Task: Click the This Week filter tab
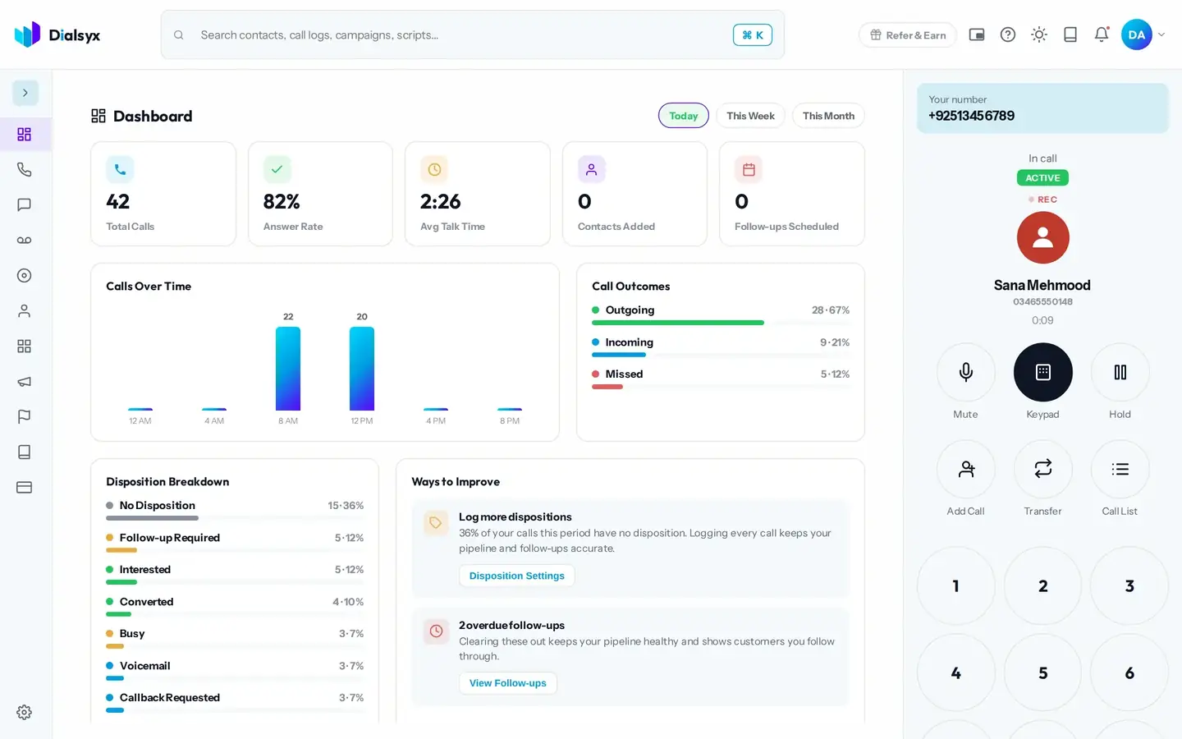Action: pos(750,116)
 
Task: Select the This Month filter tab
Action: pos(828,116)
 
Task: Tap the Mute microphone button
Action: pos(965,372)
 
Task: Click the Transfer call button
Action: pos(1042,469)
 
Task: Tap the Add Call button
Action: pos(965,469)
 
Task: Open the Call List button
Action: pos(1120,469)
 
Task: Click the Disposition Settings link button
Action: pos(516,576)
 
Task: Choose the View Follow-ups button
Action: pos(507,683)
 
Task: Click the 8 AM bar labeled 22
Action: pos(288,369)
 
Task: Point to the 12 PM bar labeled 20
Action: pos(362,369)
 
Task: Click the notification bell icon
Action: pos(1102,34)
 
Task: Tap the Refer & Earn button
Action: pos(908,34)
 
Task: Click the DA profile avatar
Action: pos(1136,34)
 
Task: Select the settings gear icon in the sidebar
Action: pos(25,712)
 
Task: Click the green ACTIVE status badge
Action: pos(1042,178)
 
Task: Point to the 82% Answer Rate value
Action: pos(282,202)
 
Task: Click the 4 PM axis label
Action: pos(436,420)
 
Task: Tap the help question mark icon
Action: pos(1007,34)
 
